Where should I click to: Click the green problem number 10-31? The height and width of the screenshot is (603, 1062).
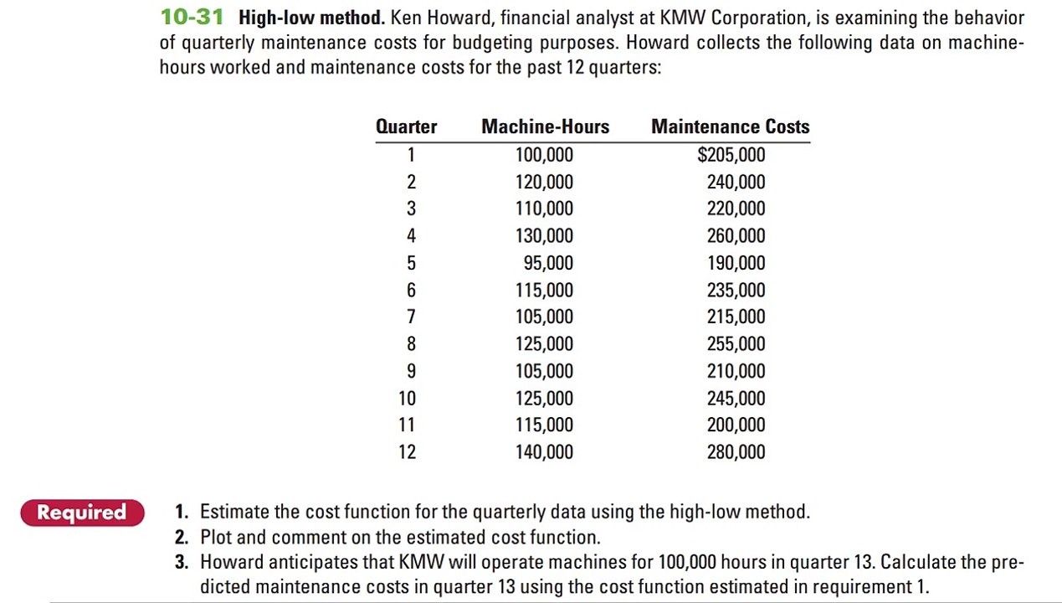point(192,17)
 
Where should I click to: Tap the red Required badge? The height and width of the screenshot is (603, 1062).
point(82,513)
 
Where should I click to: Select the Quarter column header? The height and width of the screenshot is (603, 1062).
point(406,126)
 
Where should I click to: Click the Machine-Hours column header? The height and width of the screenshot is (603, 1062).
point(545,126)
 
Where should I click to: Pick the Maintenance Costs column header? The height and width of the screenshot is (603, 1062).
point(730,126)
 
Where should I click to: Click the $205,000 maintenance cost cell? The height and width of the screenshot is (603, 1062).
point(731,155)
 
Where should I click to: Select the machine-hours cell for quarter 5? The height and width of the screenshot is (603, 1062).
point(548,263)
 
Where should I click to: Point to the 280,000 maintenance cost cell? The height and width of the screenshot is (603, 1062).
point(736,452)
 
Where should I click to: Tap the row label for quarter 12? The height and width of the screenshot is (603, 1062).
point(407,452)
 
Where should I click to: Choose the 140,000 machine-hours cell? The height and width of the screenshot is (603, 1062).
point(544,452)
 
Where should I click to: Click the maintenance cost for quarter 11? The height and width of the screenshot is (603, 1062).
point(736,425)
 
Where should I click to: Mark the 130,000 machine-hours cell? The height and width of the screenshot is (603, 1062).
point(544,236)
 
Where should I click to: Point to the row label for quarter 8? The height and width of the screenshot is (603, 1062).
point(411,344)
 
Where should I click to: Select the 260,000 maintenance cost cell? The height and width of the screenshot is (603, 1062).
point(736,236)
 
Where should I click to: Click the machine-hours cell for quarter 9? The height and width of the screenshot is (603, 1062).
point(544,371)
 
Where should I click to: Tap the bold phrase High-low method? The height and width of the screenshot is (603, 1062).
point(311,18)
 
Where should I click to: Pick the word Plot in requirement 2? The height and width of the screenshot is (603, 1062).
point(216,538)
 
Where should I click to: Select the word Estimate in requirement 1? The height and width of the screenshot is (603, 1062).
point(234,512)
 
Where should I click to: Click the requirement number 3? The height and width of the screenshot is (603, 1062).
point(182,562)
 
